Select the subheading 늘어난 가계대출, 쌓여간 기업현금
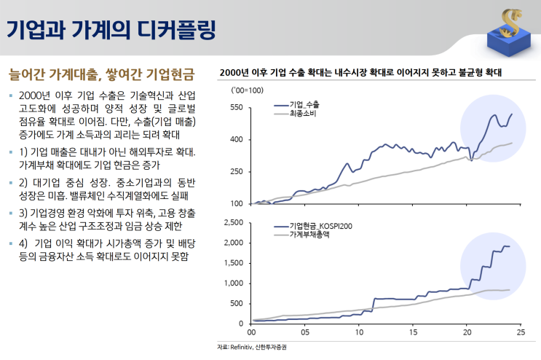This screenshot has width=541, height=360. (101, 74)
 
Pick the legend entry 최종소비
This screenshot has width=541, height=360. (304, 114)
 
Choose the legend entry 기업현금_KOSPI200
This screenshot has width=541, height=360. (320, 227)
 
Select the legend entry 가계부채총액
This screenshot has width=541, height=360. (309, 236)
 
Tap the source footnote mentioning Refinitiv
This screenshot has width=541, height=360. (252, 348)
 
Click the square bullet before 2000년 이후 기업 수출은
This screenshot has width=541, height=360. (10, 96)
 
